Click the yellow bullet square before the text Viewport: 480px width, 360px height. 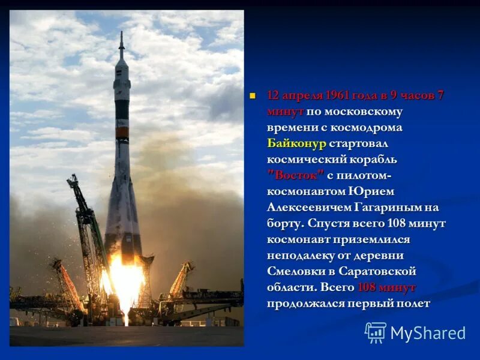pyautogui.click(x=253, y=95)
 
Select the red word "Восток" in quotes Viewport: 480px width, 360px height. pyautogui.click(x=296, y=175)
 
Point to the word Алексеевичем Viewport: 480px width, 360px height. pyautogui.click(x=307, y=207)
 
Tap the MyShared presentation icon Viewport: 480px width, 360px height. pyautogui.click(x=376, y=332)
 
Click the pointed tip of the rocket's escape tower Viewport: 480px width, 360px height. pyautogui.click(x=121, y=33)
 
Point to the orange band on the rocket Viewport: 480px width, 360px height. pyautogui.click(x=122, y=131)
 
